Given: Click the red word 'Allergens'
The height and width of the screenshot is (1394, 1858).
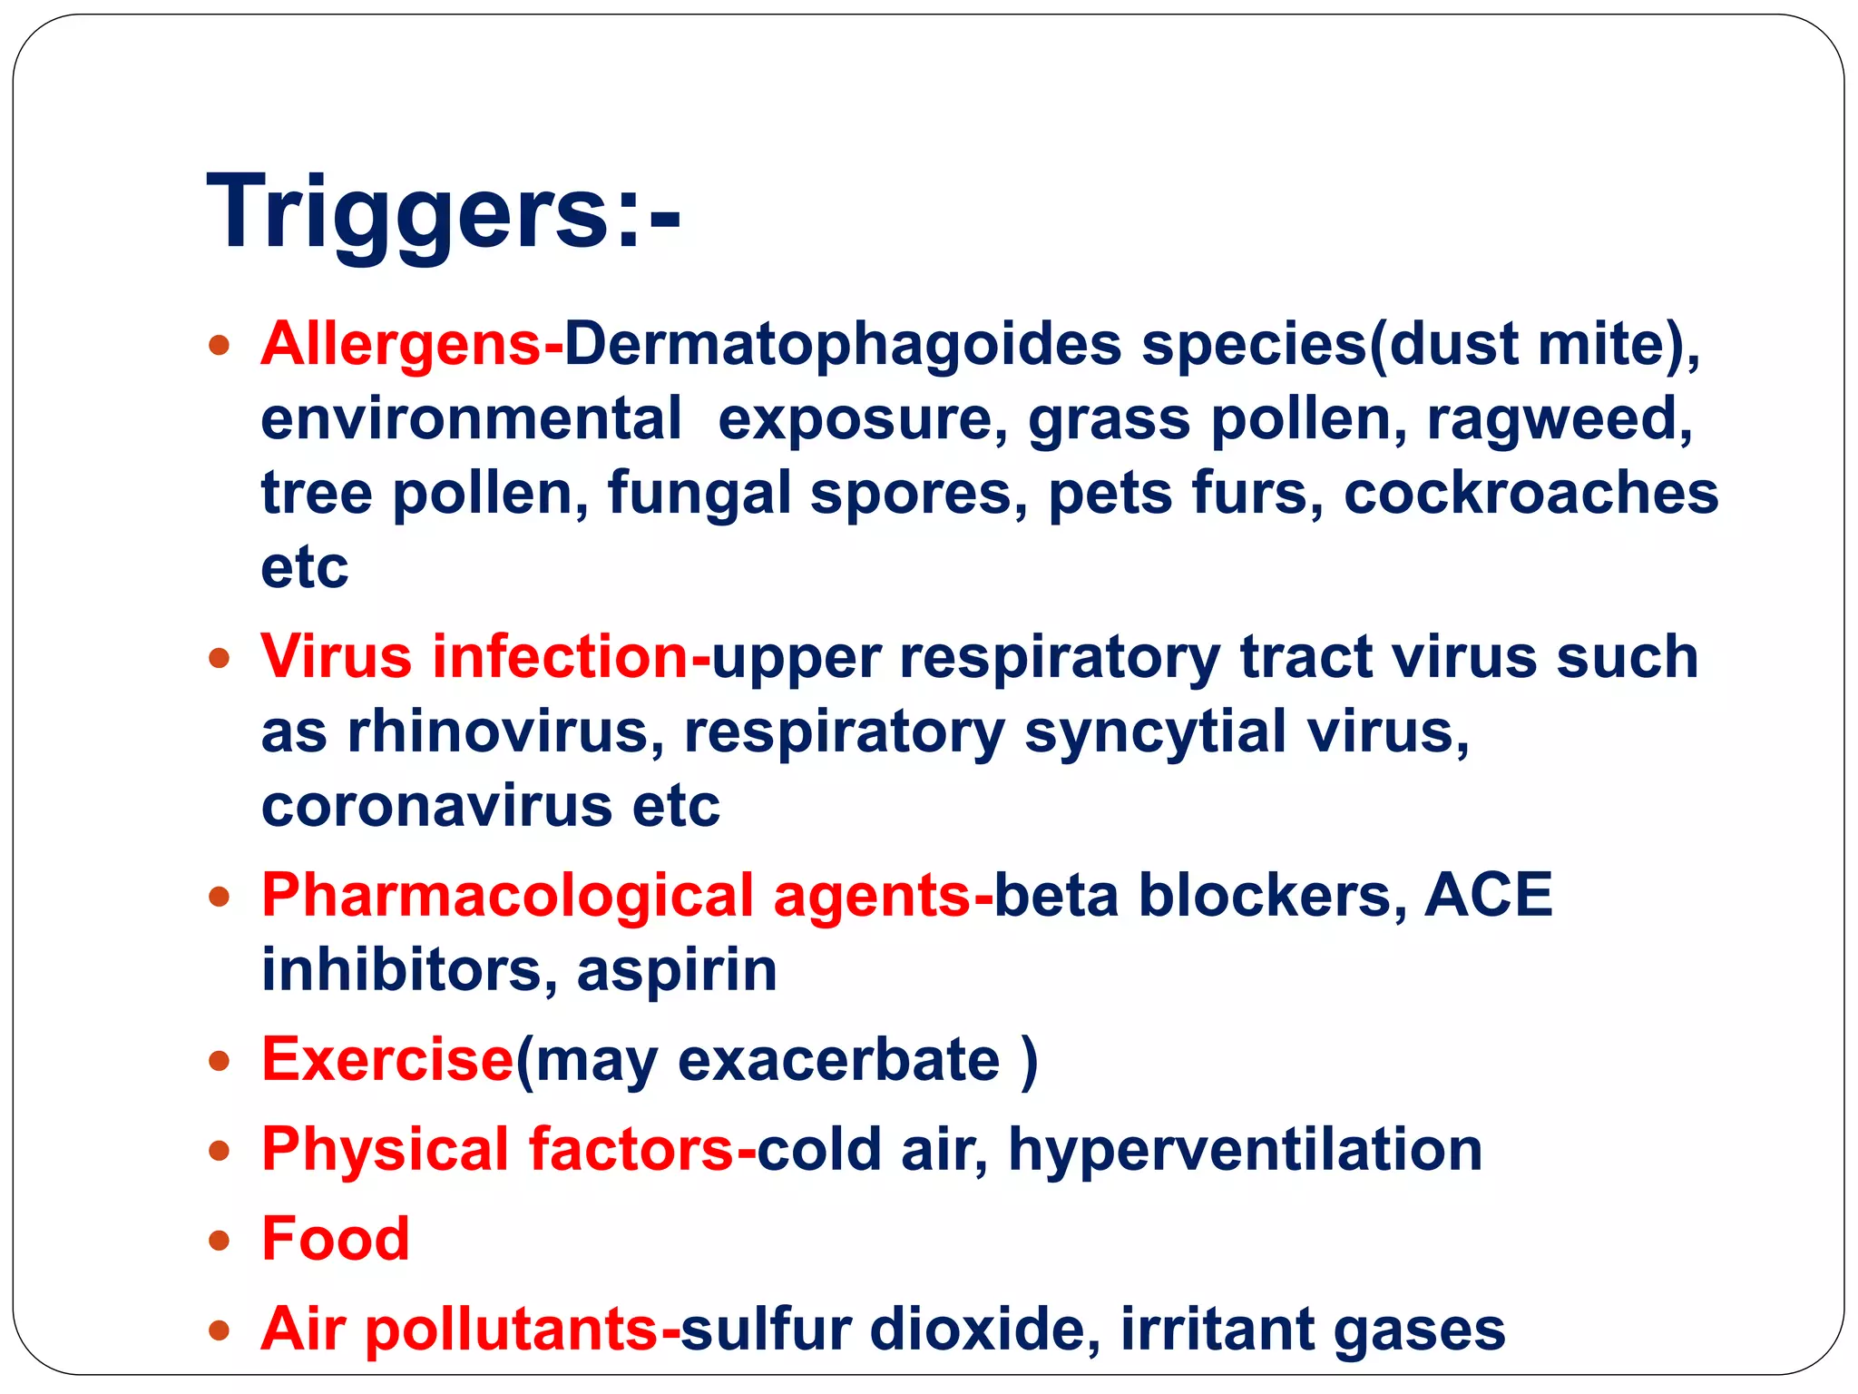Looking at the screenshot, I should (400, 345).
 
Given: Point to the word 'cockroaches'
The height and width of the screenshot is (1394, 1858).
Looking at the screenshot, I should (1530, 494).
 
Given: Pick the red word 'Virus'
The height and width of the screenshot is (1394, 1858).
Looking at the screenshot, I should (336, 656).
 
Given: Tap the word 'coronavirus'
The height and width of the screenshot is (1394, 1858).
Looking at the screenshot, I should (436, 806).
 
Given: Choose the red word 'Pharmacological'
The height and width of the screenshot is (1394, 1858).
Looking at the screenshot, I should (507, 898).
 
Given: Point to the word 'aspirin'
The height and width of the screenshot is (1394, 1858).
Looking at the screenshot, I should (677, 972).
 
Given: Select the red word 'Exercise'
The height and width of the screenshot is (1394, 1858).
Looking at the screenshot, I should (387, 1059).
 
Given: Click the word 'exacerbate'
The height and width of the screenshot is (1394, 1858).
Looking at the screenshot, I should (838, 1060).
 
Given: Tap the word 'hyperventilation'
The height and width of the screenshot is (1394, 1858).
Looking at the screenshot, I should (1245, 1151).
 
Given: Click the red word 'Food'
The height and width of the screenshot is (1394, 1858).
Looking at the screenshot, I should (335, 1239).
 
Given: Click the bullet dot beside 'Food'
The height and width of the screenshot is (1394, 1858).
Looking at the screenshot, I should (219, 1241).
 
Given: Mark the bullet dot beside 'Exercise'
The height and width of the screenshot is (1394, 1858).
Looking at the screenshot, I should (219, 1060).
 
